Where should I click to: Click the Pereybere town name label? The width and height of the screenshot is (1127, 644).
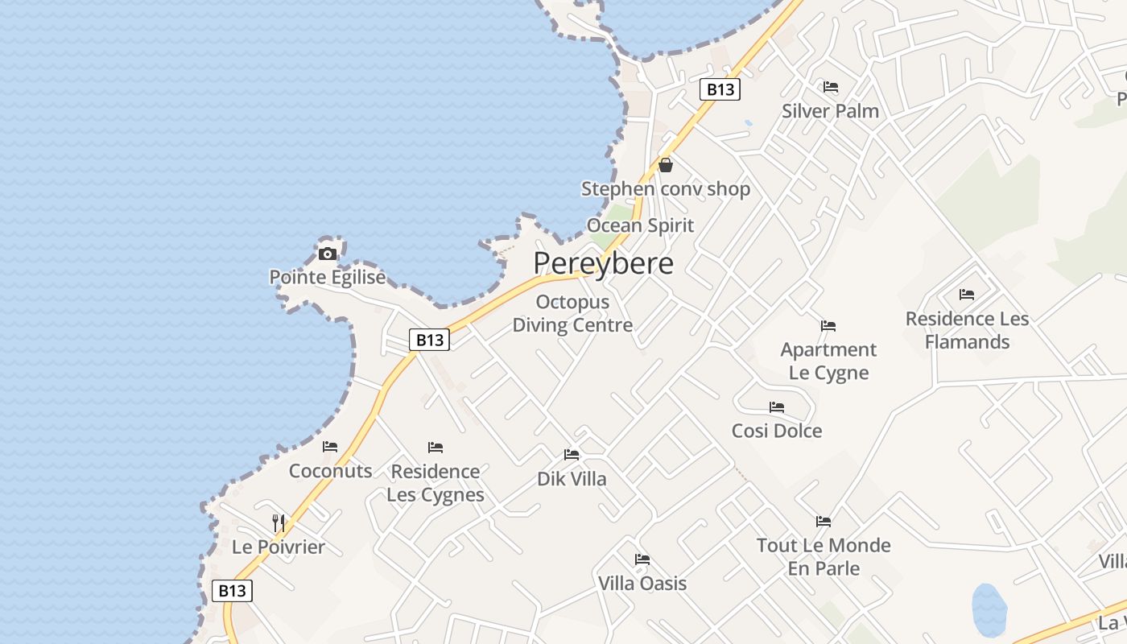coord(603,263)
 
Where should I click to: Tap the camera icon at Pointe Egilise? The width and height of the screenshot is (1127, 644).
coord(327,254)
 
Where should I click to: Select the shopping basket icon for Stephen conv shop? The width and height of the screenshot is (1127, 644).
coord(666,165)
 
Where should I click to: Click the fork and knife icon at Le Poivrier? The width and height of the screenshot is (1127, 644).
coord(278,522)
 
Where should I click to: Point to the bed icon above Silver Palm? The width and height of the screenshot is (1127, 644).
coord(831,87)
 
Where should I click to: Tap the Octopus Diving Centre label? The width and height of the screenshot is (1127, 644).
coord(572,313)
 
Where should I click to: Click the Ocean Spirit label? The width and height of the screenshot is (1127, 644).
coord(640,225)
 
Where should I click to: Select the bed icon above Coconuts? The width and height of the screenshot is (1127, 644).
coord(330,447)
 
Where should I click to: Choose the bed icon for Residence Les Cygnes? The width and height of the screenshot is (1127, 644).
coord(436,447)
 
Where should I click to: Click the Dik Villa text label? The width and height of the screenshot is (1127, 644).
coord(572,479)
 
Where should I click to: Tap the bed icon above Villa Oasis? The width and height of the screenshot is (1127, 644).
coord(642,559)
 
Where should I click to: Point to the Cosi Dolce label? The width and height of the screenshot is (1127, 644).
coord(777,431)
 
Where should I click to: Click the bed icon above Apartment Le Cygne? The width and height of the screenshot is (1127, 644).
coord(828,326)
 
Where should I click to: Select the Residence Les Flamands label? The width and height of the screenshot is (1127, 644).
coord(967,330)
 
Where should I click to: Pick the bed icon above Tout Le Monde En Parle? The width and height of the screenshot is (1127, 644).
coord(823,522)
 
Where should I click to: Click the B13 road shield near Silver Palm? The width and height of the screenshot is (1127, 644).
coord(720,89)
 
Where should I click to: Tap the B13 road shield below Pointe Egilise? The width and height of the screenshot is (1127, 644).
coord(429,340)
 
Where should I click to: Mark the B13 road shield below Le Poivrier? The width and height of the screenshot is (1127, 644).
coord(232,590)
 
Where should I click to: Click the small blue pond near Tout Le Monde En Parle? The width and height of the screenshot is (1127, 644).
coord(989,609)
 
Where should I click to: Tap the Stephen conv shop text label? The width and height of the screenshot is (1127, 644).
coord(666,189)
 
